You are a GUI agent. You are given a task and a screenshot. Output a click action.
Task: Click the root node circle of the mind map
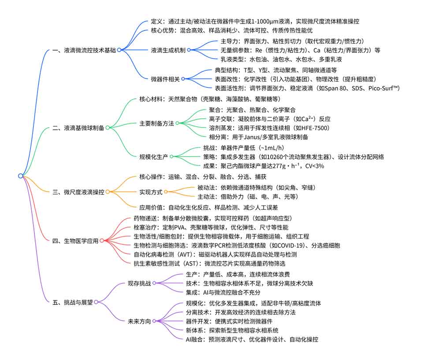coord(21,176)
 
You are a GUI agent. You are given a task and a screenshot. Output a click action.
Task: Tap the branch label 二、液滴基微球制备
coord(78,127)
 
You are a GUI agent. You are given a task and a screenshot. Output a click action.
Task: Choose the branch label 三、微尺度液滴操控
coord(78,192)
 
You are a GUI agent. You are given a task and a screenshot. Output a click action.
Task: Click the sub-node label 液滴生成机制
coord(168,50)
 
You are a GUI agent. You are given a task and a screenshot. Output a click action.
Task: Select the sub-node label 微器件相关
coord(165,79)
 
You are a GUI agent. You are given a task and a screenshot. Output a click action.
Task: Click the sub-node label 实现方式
coord(150,192)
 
